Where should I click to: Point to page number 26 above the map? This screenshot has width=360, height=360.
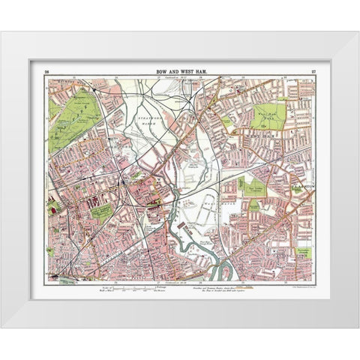tap(46, 70)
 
